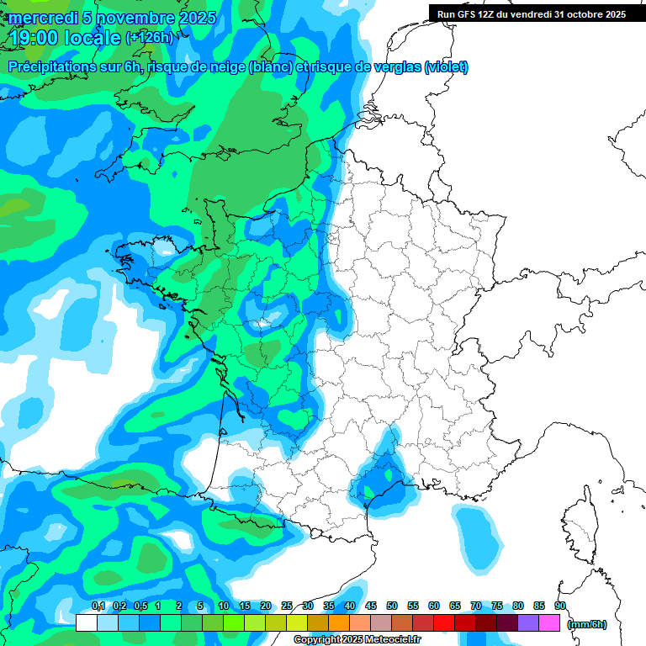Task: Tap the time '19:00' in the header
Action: [35, 37]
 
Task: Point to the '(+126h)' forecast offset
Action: [149, 37]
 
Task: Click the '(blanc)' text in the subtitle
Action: [268, 67]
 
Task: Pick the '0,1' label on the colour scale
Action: [98, 606]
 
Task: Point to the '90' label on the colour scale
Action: [560, 606]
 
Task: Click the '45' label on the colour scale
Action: [371, 606]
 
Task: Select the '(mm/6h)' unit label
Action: [588, 624]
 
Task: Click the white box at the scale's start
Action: [86, 622]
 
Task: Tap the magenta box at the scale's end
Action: [550, 622]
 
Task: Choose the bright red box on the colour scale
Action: [445, 622]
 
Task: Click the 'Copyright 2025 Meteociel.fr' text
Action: [357, 640]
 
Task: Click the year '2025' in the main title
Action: [193, 18]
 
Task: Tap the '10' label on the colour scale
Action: [224, 606]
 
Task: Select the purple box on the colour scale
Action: [529, 622]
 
